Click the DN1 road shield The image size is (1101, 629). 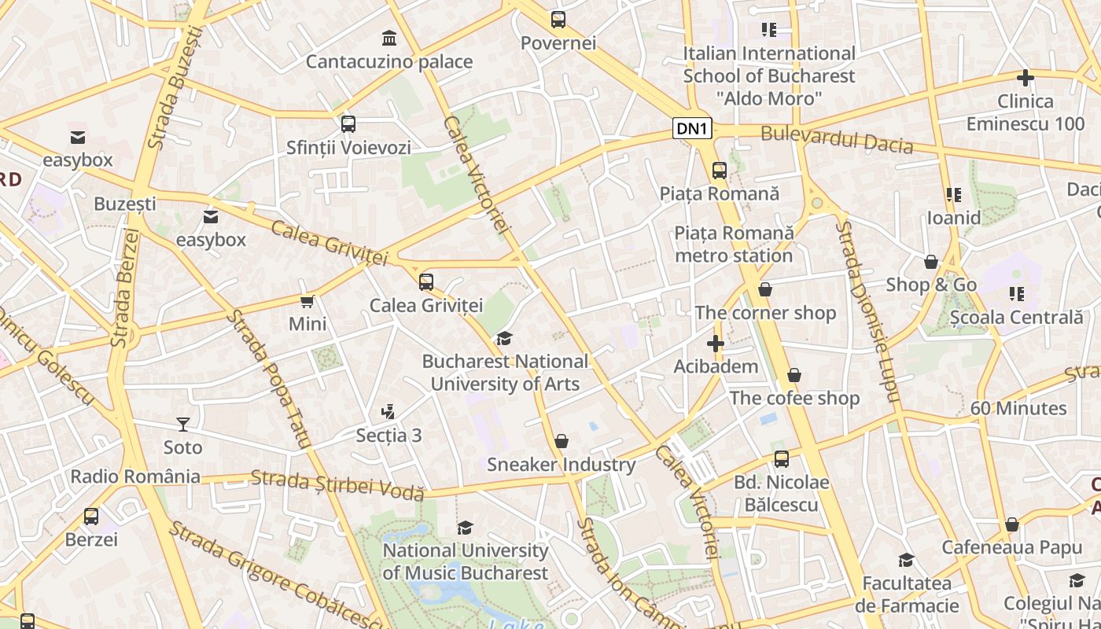(693, 128)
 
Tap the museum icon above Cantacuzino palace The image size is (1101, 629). (388, 37)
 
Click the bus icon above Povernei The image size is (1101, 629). (558, 19)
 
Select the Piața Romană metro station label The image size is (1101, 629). (734, 245)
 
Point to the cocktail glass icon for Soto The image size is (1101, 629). (182, 425)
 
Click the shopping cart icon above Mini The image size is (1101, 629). (307, 301)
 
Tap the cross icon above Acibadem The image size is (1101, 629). (715, 344)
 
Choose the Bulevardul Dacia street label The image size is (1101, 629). (837, 139)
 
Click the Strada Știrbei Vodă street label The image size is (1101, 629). (337, 484)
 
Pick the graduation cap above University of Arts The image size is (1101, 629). (504, 339)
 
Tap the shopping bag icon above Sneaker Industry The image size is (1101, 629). (562, 441)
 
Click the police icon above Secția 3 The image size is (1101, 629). (388, 411)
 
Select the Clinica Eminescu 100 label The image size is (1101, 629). (1025, 112)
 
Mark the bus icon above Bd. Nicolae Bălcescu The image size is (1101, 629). (781, 459)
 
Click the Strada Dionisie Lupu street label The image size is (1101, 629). (867, 311)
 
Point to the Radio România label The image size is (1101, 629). (135, 476)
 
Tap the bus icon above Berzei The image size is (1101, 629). (91, 517)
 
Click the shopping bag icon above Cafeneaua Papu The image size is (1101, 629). (1012, 524)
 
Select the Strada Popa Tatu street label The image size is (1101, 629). (269, 378)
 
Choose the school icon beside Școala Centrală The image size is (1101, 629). (1016, 294)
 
